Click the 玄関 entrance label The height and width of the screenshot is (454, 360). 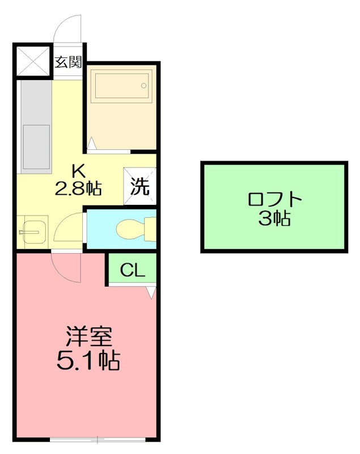point(68,62)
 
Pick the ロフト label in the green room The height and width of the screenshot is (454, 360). point(274,200)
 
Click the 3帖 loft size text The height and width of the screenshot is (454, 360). point(274,218)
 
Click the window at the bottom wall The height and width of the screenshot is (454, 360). point(98,439)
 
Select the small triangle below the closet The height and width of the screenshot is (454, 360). point(150,292)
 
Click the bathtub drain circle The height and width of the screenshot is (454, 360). point(144,86)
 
